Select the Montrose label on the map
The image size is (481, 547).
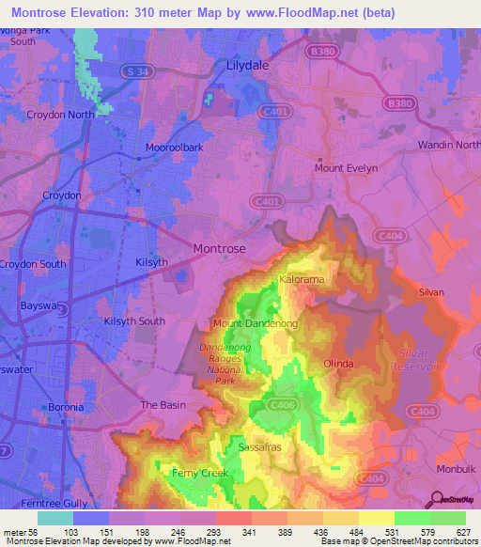coord(219,248)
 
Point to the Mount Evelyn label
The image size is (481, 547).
coord(346,168)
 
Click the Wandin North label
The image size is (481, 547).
coord(448,145)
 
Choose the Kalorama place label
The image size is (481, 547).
coord(303,280)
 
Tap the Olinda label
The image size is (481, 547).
coord(338,363)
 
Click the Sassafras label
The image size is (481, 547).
coord(260,446)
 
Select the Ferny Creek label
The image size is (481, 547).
coord(199,473)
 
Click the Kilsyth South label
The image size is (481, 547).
coord(134,321)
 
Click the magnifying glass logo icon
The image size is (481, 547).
coord(436,499)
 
